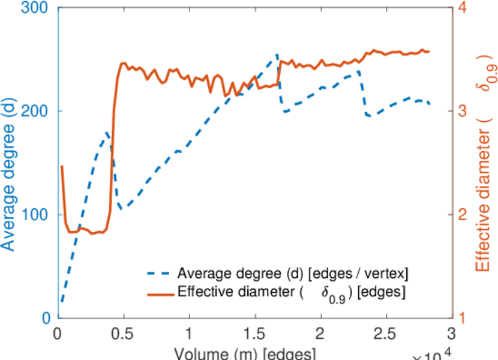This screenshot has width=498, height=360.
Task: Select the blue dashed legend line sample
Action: click(x=160, y=274)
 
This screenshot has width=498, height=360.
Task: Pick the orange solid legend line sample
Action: click(x=160, y=292)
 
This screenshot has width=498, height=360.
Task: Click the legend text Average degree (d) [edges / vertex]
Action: click(x=293, y=274)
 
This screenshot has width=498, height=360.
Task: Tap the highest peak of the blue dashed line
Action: click(x=277, y=55)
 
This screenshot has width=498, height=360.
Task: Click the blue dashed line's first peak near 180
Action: click(x=107, y=132)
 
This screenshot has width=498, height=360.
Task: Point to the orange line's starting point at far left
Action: click(x=62, y=166)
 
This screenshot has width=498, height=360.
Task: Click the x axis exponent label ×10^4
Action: click(x=431, y=354)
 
